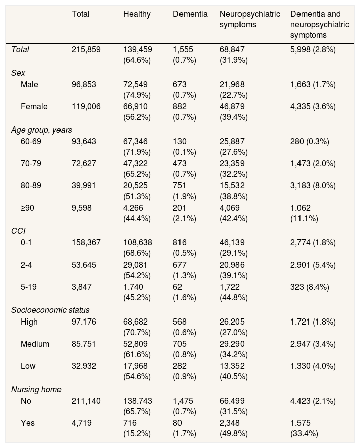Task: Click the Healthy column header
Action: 137,14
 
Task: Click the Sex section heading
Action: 18,73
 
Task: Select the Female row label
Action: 34,106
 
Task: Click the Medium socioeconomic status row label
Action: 35,344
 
